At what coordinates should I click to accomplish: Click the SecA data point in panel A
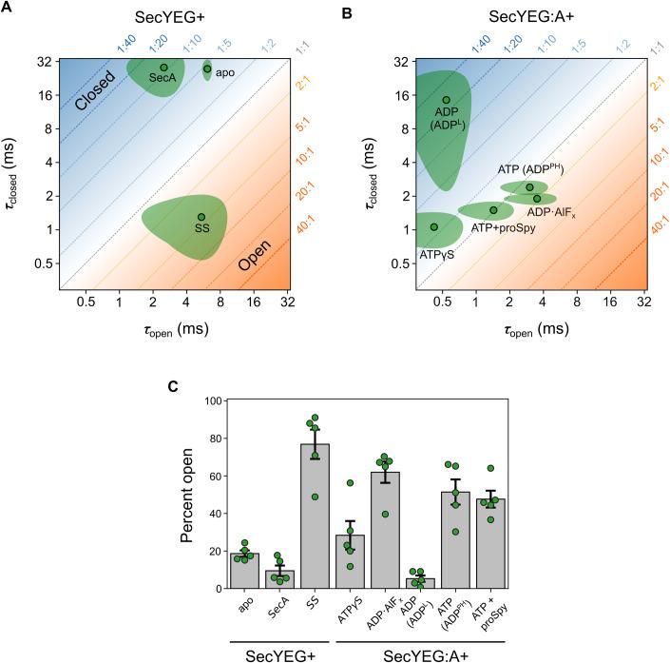[164, 68]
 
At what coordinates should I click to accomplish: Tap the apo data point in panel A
[207, 68]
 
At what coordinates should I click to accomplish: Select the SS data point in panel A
[201, 217]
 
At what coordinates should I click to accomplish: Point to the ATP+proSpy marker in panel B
[493, 210]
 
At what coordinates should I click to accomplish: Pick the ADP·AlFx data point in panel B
[537, 198]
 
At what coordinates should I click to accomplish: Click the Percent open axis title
[186, 495]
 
